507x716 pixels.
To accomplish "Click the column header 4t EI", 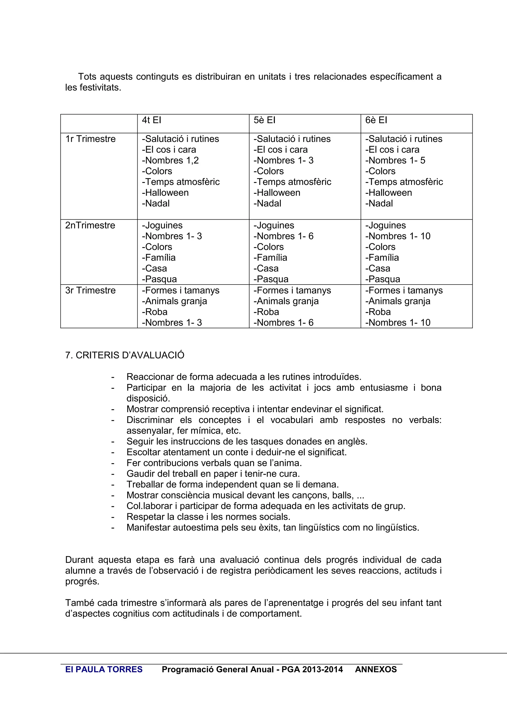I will coord(152,120).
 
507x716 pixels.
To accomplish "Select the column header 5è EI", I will coord(264,120).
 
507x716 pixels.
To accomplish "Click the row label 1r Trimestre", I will coord(90,139).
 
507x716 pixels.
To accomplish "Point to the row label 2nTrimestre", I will coord(90,225).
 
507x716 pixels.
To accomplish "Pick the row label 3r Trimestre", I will coord(90,291).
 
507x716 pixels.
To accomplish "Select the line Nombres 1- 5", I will coord(395,161).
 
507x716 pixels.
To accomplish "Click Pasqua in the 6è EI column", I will coord(383,279).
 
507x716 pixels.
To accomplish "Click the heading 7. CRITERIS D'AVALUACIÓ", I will coord(125,355).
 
